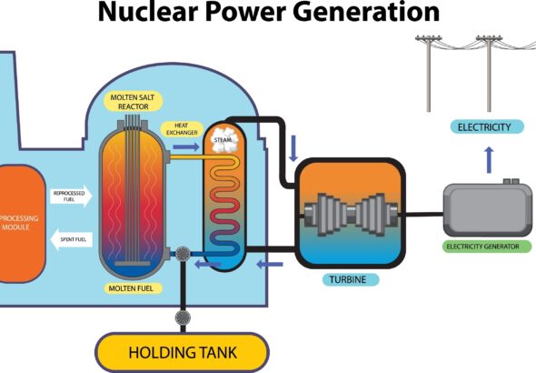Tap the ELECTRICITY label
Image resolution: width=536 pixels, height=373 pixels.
click(485, 126)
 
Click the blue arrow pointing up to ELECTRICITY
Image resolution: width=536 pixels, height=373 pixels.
click(489, 161)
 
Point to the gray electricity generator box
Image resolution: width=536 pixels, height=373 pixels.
click(487, 209)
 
